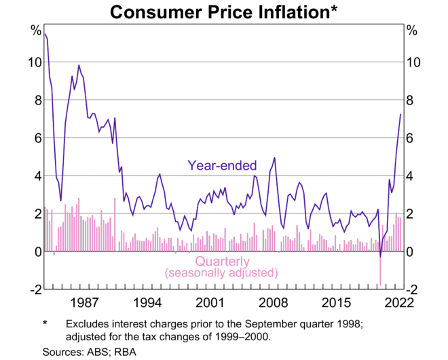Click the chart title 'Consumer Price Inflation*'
(x=223, y=12)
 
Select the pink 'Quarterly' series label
(x=222, y=262)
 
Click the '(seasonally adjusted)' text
(x=222, y=273)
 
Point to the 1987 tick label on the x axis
(x=83, y=303)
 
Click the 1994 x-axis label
(x=147, y=303)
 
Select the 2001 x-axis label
(x=210, y=303)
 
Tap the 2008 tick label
(x=274, y=303)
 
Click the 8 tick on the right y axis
(x=411, y=101)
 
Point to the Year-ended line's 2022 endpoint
(x=400, y=114)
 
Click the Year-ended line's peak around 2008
(x=274, y=158)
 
